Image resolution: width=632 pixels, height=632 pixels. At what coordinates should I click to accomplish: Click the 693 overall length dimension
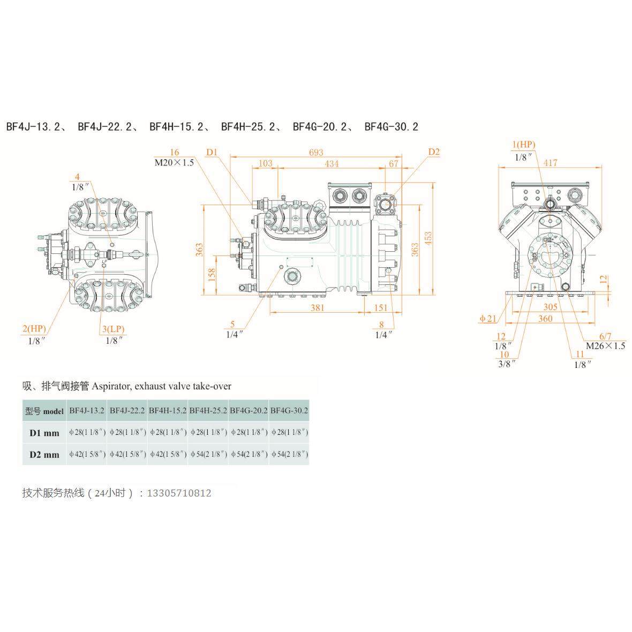point(316,153)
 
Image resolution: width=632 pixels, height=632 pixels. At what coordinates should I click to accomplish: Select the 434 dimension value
point(332,163)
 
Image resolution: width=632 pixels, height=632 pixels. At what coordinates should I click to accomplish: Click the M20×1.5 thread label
point(174,162)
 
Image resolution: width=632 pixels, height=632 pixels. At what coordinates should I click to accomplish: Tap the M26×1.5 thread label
point(605,345)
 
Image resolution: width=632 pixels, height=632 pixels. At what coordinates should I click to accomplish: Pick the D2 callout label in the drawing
point(433,152)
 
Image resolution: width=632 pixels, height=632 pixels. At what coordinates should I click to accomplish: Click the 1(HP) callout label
point(523,145)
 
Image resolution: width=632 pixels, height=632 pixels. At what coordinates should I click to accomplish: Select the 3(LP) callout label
point(114,328)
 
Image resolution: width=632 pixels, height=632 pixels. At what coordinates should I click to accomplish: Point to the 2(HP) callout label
point(34,328)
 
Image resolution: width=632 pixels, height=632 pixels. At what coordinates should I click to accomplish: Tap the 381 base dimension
point(317,307)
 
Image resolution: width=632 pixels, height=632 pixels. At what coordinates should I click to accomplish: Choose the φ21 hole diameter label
point(488,319)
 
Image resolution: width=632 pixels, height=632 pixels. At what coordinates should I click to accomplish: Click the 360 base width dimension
point(545,319)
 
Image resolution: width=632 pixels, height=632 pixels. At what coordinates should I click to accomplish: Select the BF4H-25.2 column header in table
point(208,411)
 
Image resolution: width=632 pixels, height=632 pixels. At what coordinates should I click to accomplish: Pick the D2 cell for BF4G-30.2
point(289,454)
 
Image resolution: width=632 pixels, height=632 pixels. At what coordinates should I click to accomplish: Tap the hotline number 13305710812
point(179,493)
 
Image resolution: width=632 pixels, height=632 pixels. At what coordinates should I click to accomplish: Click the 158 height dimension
point(212,275)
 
